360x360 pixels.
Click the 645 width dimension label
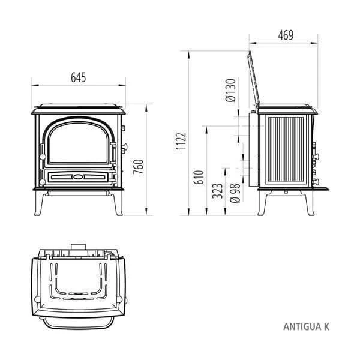[79, 77]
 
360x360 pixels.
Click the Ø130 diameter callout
[231, 92]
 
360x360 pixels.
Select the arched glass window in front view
[79, 146]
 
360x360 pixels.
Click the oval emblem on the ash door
[79, 177]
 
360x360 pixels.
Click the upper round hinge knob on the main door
[41, 148]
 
